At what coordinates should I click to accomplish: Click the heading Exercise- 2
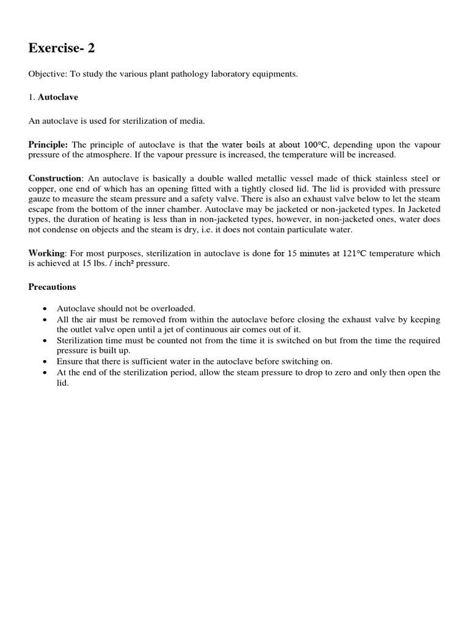62,48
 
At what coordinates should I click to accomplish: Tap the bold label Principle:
49,145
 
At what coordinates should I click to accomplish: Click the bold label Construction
55,178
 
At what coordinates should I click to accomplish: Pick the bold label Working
46,253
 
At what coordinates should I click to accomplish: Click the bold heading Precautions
53,286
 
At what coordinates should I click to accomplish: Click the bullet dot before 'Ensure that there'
45,361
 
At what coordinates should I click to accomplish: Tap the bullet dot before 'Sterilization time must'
45,341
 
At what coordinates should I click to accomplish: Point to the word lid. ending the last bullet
63,383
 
